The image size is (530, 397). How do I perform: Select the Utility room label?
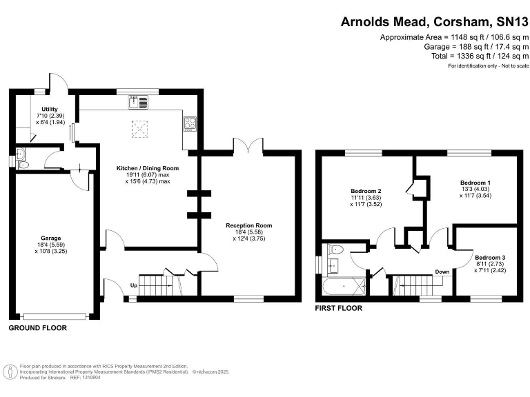coord(50,109)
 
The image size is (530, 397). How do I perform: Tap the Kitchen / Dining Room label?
coord(146,168)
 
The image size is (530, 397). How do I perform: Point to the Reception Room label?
coord(249,225)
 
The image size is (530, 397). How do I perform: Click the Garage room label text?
coord(50,238)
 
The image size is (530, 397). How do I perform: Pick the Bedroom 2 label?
coord(366,190)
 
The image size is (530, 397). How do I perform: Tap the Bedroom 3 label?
coord(490,256)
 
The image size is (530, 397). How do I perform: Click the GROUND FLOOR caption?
coord(37,328)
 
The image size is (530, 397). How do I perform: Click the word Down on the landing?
coord(442,272)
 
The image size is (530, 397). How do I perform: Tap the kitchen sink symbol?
coord(138,103)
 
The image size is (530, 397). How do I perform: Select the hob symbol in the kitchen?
coord(190,124)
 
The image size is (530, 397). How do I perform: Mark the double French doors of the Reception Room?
coord(248,146)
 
